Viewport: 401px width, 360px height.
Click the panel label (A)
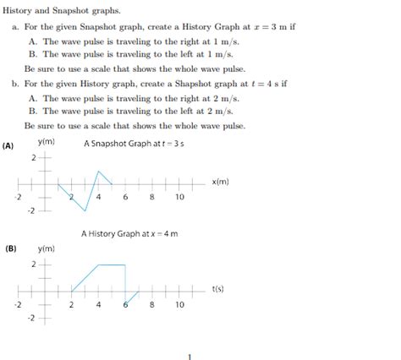click(x=8, y=145)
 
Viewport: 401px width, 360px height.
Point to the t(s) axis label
click(x=218, y=289)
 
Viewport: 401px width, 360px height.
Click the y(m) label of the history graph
click(x=47, y=248)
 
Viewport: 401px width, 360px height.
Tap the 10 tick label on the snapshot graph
click(x=179, y=197)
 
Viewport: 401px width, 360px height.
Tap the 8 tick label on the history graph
click(x=152, y=304)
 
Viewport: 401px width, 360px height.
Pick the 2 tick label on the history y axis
click(x=34, y=265)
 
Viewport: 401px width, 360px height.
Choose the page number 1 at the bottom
click(x=191, y=355)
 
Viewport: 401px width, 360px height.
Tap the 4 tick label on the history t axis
click(x=98, y=304)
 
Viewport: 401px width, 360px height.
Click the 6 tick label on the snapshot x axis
click(x=125, y=197)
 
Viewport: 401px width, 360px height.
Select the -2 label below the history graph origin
click(x=31, y=318)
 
